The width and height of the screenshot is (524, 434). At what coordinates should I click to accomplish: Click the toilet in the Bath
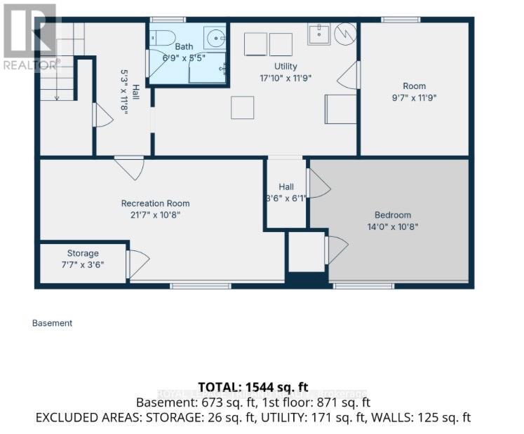(159, 36)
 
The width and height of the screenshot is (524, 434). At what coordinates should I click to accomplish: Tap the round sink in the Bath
(214, 37)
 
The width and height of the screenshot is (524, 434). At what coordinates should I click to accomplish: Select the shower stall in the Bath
(208, 69)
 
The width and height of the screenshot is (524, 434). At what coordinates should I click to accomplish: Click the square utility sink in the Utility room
(318, 33)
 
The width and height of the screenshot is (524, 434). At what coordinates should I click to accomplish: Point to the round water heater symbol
(345, 33)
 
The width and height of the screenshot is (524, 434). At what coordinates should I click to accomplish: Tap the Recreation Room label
(155, 203)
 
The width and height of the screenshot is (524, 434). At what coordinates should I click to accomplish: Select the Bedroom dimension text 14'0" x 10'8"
(392, 226)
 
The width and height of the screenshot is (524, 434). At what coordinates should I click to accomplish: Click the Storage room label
(83, 253)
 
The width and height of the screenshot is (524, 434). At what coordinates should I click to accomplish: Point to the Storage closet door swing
(137, 264)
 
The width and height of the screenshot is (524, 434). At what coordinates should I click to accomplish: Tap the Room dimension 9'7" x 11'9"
(415, 98)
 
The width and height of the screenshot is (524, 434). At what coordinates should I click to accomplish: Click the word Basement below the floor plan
(52, 323)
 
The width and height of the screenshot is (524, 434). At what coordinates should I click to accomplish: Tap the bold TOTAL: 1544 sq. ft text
(262, 387)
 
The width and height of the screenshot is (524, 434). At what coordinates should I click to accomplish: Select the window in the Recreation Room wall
(201, 285)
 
